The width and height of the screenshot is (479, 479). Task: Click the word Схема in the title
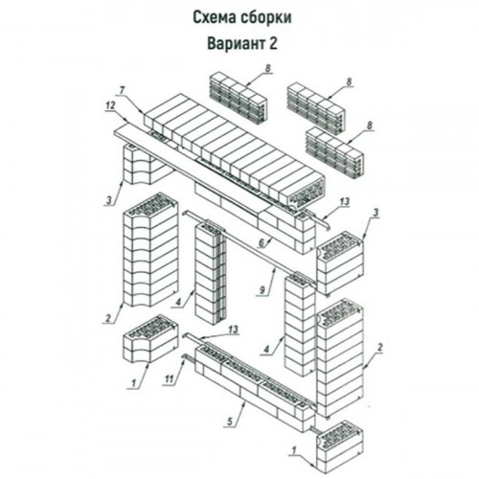[x=213, y=18]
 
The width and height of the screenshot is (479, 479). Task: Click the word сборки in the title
[x=265, y=18]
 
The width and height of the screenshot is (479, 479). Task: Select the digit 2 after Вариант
[x=272, y=43]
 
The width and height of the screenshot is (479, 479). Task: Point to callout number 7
[x=122, y=90]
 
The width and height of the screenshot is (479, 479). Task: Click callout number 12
[x=110, y=106]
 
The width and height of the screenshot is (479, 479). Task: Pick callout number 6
[x=262, y=243]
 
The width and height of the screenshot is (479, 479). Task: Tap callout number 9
[x=262, y=290]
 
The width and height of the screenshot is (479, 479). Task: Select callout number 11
[x=169, y=379]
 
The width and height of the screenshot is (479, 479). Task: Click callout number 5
[x=230, y=422]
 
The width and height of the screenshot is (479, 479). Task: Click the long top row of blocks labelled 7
[x=235, y=150]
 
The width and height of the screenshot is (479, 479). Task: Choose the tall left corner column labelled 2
[x=150, y=250]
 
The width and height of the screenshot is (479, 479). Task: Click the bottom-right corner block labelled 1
[x=340, y=447]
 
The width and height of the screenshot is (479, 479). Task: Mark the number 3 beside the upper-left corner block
[x=109, y=201]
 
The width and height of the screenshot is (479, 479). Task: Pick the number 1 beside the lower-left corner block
[x=134, y=382]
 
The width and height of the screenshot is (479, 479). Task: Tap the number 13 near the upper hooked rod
[x=345, y=202]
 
